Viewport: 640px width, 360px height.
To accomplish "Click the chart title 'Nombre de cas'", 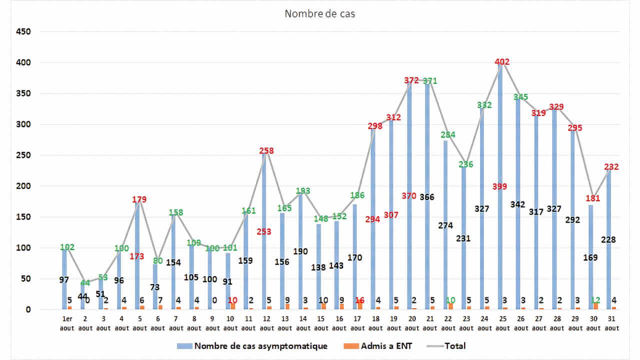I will click(x=319, y=14).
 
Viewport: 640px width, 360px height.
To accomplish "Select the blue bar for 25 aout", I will click(x=499, y=250).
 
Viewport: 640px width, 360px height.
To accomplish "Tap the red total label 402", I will click(x=502, y=62).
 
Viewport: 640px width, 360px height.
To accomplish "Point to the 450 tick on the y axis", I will click(x=22, y=32).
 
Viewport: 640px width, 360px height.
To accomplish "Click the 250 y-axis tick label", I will click(x=22, y=155).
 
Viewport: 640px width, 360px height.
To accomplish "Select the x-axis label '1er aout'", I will click(x=66, y=323).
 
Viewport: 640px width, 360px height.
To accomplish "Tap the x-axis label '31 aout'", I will click(x=610, y=323).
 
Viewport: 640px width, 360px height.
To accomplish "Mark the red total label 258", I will click(x=266, y=150).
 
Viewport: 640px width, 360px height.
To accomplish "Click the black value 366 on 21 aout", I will click(x=426, y=197).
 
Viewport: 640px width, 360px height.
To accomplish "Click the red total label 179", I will click(x=139, y=199).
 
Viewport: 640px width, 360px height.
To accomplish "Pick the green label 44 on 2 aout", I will click(x=85, y=283).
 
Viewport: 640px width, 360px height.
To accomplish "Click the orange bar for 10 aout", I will click(x=233, y=306).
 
